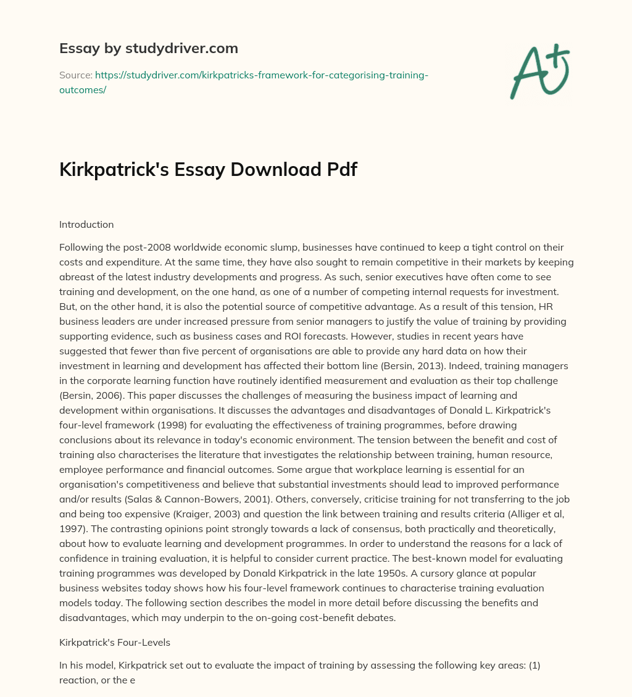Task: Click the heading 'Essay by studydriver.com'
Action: (x=148, y=48)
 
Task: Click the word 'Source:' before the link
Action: (x=75, y=75)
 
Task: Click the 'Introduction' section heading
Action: (x=86, y=225)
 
